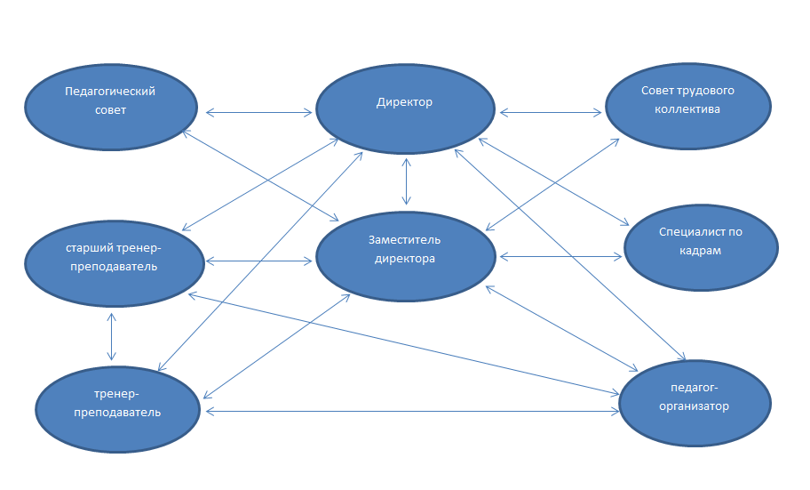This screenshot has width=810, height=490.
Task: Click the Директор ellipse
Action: click(406, 108)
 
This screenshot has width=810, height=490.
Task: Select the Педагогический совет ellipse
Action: click(111, 107)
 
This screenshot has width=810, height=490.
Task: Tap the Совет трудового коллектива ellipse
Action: click(688, 107)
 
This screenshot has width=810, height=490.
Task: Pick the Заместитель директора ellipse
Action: click(406, 256)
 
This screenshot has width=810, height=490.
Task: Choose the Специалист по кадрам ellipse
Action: click(701, 247)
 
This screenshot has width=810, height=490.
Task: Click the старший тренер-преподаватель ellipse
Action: click(115, 263)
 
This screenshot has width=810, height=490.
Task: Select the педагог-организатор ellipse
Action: click(695, 403)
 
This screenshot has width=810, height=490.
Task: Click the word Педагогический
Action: click(110, 92)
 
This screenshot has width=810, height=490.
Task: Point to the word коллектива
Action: click(687, 109)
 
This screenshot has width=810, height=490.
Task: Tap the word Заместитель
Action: click(404, 239)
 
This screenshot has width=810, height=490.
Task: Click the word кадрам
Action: click(701, 251)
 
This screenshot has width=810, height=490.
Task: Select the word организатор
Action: click(694, 406)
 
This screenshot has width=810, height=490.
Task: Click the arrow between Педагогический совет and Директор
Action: click(258, 112)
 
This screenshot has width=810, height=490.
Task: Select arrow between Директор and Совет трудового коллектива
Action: click(551, 112)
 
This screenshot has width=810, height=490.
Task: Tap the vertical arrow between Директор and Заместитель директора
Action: click(407, 181)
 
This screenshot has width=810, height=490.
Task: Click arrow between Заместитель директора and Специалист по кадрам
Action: click(561, 256)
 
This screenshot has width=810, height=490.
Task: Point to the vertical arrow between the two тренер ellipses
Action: click(111, 337)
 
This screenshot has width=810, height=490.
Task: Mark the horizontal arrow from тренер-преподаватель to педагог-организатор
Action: click(412, 412)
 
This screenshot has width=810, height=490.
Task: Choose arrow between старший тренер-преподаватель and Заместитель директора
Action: click(258, 261)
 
